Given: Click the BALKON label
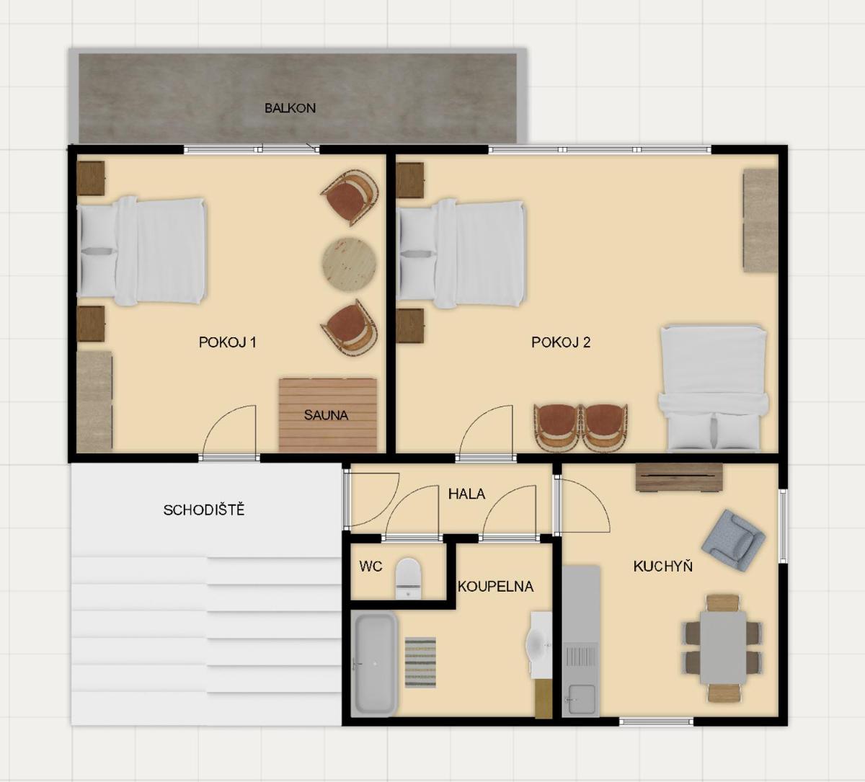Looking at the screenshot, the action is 290,108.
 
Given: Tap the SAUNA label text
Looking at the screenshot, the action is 326,415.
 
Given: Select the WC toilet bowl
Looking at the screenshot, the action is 408,578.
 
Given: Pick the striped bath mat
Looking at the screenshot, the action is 420,662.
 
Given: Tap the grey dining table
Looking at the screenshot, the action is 723,647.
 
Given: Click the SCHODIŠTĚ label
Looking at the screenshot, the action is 204,510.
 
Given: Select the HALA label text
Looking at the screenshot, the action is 466,494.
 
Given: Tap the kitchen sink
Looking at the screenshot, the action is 581,678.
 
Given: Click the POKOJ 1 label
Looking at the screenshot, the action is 227,342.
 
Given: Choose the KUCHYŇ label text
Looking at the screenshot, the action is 662,566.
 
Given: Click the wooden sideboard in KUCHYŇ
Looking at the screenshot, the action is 680,477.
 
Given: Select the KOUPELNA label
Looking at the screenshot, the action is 496,587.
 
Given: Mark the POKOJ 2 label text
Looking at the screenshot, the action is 561,342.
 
